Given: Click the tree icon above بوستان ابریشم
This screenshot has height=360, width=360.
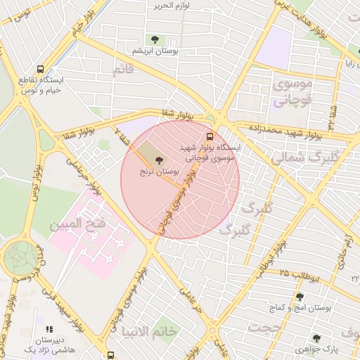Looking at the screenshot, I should pos(154,39).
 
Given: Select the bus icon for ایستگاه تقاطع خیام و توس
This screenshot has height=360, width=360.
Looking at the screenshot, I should pos(40,70).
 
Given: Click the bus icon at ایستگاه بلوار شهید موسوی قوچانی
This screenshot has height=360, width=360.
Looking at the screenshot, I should pos(210,136).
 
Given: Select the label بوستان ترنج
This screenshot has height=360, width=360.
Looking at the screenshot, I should pos(156,172).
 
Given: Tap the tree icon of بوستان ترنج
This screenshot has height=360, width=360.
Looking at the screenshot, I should pos(157,160).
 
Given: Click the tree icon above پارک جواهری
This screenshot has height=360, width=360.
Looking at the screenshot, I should pos(316,337).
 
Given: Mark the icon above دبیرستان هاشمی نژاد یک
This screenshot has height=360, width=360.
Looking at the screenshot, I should pos(49,328).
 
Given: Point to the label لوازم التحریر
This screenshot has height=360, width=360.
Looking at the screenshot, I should pos(172,6).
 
